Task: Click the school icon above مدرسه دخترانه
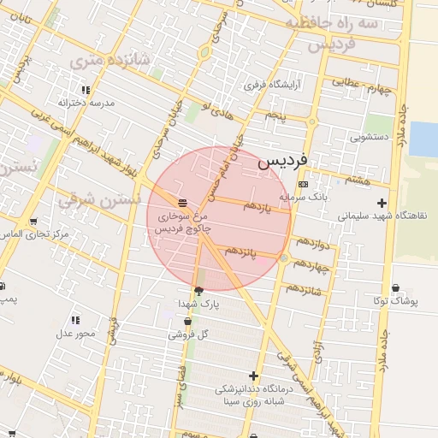tap(86, 90)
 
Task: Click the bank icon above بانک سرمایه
tap(303, 184)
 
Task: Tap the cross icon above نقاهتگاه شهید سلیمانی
tap(382, 203)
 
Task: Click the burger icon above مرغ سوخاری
tap(183, 203)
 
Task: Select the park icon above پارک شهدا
tap(199, 291)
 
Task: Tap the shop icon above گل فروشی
tap(187, 322)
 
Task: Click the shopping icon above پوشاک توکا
tap(394, 288)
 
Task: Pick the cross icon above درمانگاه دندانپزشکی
tap(253, 376)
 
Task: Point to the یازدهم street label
tap(257, 206)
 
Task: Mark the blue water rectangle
tap(423, 139)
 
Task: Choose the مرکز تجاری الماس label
tap(35, 234)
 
